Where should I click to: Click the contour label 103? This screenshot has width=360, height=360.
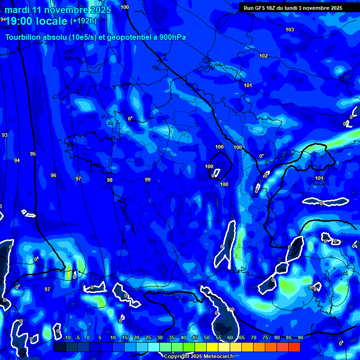290,30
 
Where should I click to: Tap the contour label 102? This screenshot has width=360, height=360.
263,56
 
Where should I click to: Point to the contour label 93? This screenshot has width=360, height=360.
5,135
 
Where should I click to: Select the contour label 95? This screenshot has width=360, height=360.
33,154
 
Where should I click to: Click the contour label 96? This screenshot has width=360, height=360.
53,175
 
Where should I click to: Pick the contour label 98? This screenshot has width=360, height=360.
110,180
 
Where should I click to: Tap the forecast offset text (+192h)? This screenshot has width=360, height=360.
83,21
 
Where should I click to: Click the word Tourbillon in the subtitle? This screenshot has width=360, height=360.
23,37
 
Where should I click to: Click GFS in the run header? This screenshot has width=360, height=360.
260,8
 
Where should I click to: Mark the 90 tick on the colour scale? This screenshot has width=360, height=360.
300,338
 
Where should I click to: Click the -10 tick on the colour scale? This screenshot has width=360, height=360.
66,338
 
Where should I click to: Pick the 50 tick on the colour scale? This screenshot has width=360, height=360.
206,338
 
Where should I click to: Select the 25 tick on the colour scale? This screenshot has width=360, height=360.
148,338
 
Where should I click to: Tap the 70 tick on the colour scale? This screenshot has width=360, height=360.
253,338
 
